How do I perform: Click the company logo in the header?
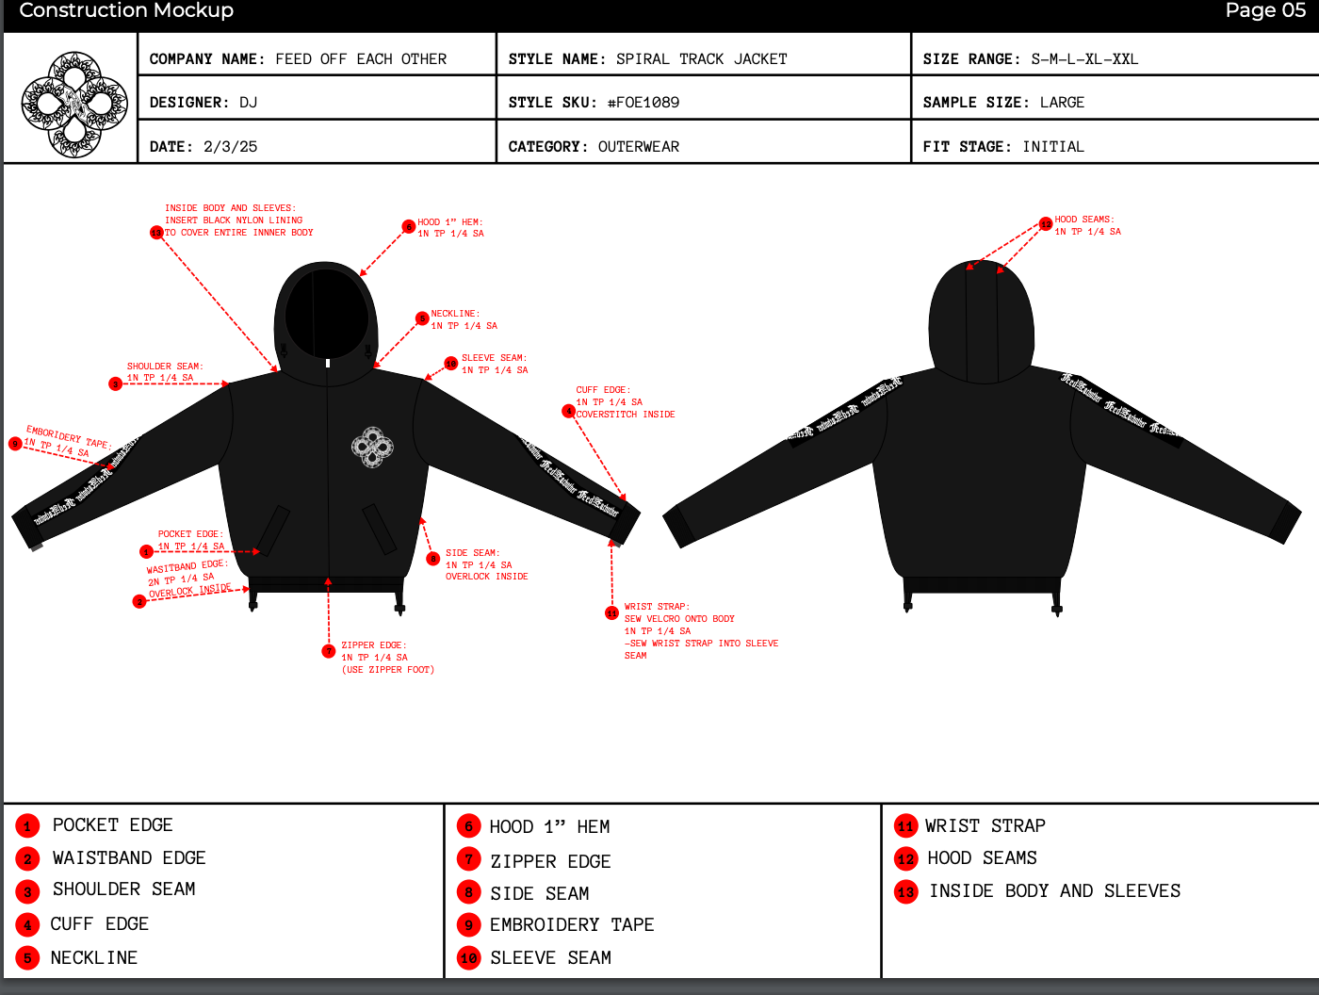pyautogui.click(x=74, y=104)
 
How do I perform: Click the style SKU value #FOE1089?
pyautogui.click(x=643, y=103)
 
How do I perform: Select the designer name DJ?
pyautogui.click(x=248, y=103)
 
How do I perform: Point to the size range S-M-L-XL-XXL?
pyautogui.click(x=1084, y=59)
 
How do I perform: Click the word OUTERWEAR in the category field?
pyautogui.click(x=639, y=147)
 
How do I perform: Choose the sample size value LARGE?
pyautogui.click(x=1062, y=103)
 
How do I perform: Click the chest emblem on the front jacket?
pyautogui.click(x=372, y=448)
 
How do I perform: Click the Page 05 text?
pyautogui.click(x=1265, y=10)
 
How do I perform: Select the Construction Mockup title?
pyautogui.click(x=126, y=10)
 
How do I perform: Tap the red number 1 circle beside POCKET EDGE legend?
pyautogui.click(x=27, y=826)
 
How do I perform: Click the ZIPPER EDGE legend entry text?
pyautogui.click(x=550, y=861)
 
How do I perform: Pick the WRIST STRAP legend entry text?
pyautogui.click(x=985, y=826)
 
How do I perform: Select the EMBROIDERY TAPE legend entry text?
pyautogui.click(x=571, y=925)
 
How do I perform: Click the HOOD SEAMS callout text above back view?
pyautogui.click(x=1087, y=225)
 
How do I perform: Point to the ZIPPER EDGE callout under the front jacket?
pyautogui.click(x=386, y=658)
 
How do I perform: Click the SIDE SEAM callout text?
pyautogui.click(x=486, y=564)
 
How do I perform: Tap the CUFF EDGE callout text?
pyautogui.click(x=625, y=402)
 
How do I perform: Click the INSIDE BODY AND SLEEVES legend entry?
pyautogui.click(x=1054, y=891)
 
